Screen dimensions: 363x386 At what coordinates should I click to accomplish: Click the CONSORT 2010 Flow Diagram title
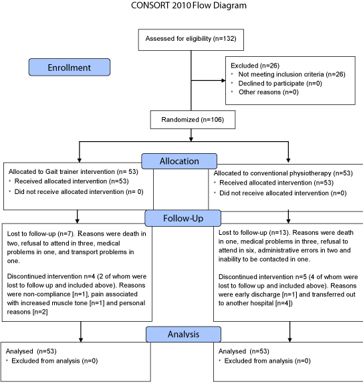click(x=189, y=5)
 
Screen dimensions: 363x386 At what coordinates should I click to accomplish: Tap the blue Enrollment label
click(x=70, y=67)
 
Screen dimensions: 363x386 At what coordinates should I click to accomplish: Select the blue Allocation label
click(x=179, y=161)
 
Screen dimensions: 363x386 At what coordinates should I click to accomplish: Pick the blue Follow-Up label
click(x=183, y=218)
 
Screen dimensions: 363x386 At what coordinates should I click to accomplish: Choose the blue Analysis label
click(x=183, y=334)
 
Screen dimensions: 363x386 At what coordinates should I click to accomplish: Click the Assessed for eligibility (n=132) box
click(x=191, y=40)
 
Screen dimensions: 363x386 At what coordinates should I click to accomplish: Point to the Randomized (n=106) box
click(x=193, y=120)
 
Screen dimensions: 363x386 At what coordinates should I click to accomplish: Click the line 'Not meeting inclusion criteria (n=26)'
click(x=291, y=74)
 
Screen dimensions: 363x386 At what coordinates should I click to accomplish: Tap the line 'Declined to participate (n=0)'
click(x=280, y=84)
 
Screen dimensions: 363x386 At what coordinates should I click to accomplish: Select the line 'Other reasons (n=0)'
click(x=269, y=92)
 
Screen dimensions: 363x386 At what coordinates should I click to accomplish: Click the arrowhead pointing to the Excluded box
click(x=223, y=80)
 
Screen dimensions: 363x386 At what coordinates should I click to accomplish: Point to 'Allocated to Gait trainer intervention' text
click(x=62, y=171)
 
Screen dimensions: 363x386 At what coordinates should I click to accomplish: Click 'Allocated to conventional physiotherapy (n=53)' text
click(x=283, y=173)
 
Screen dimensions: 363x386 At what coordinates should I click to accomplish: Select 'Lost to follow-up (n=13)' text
click(x=253, y=233)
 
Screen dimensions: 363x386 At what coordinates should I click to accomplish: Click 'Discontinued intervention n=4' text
click(x=51, y=276)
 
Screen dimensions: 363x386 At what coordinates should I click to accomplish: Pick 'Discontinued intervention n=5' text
click(x=263, y=277)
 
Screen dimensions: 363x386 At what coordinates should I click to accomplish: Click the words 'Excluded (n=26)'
click(x=255, y=66)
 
